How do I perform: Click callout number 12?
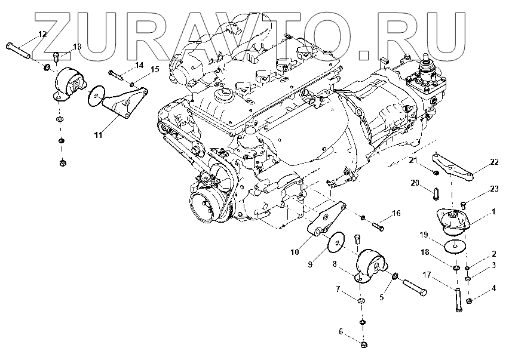click(x=42, y=35)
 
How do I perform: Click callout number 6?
click(x=341, y=331)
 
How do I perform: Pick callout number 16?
click(x=396, y=213)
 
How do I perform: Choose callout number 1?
click(x=493, y=211)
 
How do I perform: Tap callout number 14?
click(x=139, y=65)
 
